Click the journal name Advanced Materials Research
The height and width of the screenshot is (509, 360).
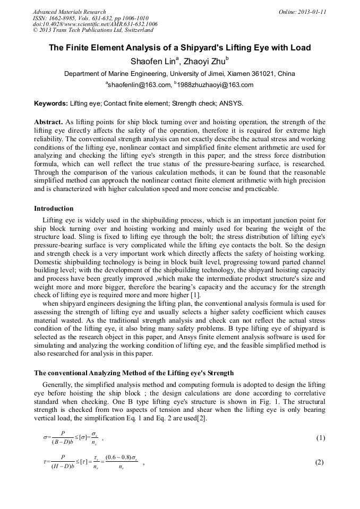pyautogui.click(x=69, y=12)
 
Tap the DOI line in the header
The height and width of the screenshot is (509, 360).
pyautogui.click(x=95, y=24)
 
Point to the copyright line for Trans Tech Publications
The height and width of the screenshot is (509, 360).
pyautogui.click(x=93, y=31)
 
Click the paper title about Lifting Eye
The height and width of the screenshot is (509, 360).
pyautogui.click(x=179, y=48)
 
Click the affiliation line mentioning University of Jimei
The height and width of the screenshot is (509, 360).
pyautogui.click(x=179, y=74)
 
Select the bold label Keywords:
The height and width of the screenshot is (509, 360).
pyautogui.click(x=51, y=103)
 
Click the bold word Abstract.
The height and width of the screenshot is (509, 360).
pyautogui.click(x=48, y=122)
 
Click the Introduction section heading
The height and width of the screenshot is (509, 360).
pyautogui.click(x=54, y=209)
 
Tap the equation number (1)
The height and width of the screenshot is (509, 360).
pyautogui.click(x=320, y=438)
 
